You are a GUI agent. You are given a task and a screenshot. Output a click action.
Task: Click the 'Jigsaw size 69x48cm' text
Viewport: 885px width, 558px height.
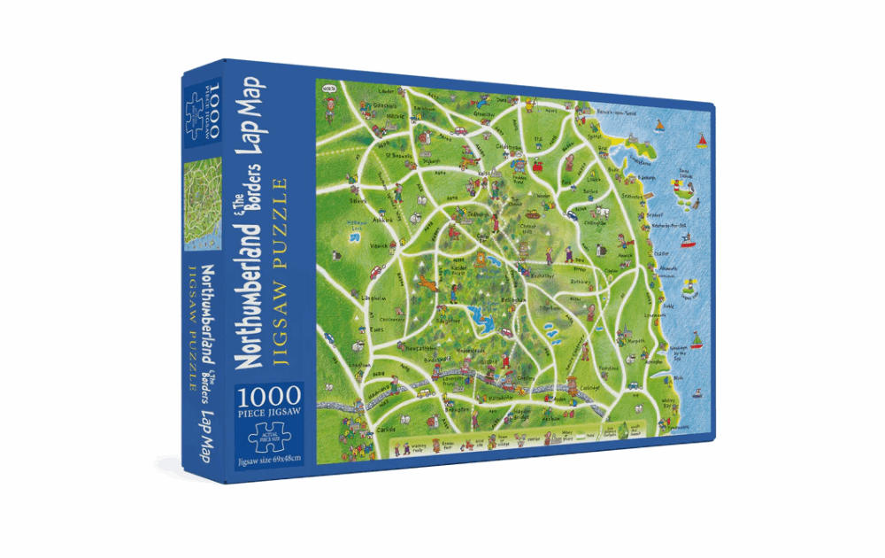click(270, 458)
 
